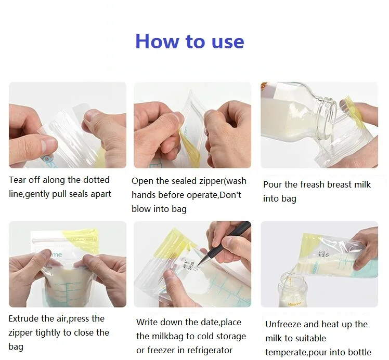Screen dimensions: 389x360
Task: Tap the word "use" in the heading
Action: (228, 42)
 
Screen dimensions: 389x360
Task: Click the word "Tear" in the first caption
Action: (17, 180)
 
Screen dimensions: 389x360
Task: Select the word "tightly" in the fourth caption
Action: (48, 333)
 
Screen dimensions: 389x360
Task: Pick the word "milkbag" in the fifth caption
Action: (167, 336)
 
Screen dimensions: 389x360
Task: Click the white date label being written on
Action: (190, 264)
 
